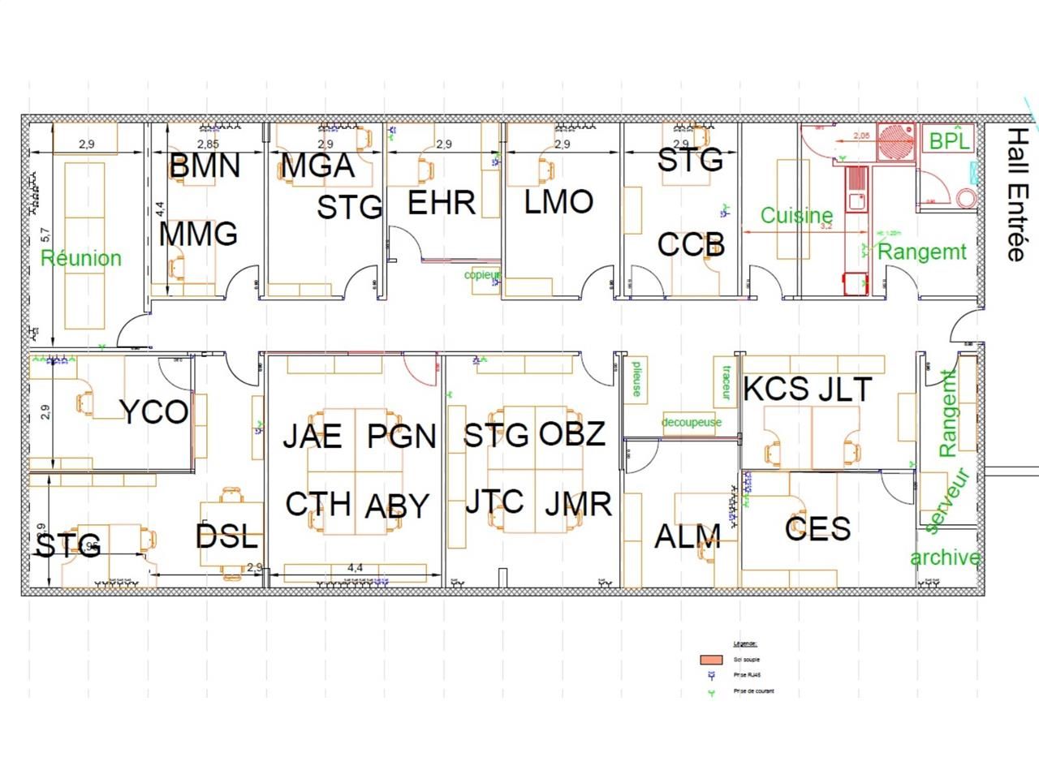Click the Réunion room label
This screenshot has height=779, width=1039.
80,258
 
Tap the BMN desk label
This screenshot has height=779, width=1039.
205,166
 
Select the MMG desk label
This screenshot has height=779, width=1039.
198,234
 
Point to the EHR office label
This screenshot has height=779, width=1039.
441,202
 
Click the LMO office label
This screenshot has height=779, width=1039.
558,201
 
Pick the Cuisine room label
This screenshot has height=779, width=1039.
796,215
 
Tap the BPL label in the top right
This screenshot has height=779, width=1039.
949,140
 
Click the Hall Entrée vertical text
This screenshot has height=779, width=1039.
1015,194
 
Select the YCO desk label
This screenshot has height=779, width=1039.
154,412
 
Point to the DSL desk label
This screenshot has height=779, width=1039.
226,536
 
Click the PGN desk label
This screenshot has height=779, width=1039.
401,437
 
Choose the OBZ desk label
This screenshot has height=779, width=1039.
572,434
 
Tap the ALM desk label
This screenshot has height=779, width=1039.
688,536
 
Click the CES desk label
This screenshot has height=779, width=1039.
817,528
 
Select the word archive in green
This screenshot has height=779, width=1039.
945,558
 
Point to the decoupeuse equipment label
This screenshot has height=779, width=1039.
691,422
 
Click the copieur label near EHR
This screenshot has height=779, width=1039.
482,275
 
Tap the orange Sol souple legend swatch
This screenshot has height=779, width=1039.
711,660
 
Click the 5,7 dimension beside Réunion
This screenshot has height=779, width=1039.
45,235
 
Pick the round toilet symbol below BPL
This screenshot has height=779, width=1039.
966,198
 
